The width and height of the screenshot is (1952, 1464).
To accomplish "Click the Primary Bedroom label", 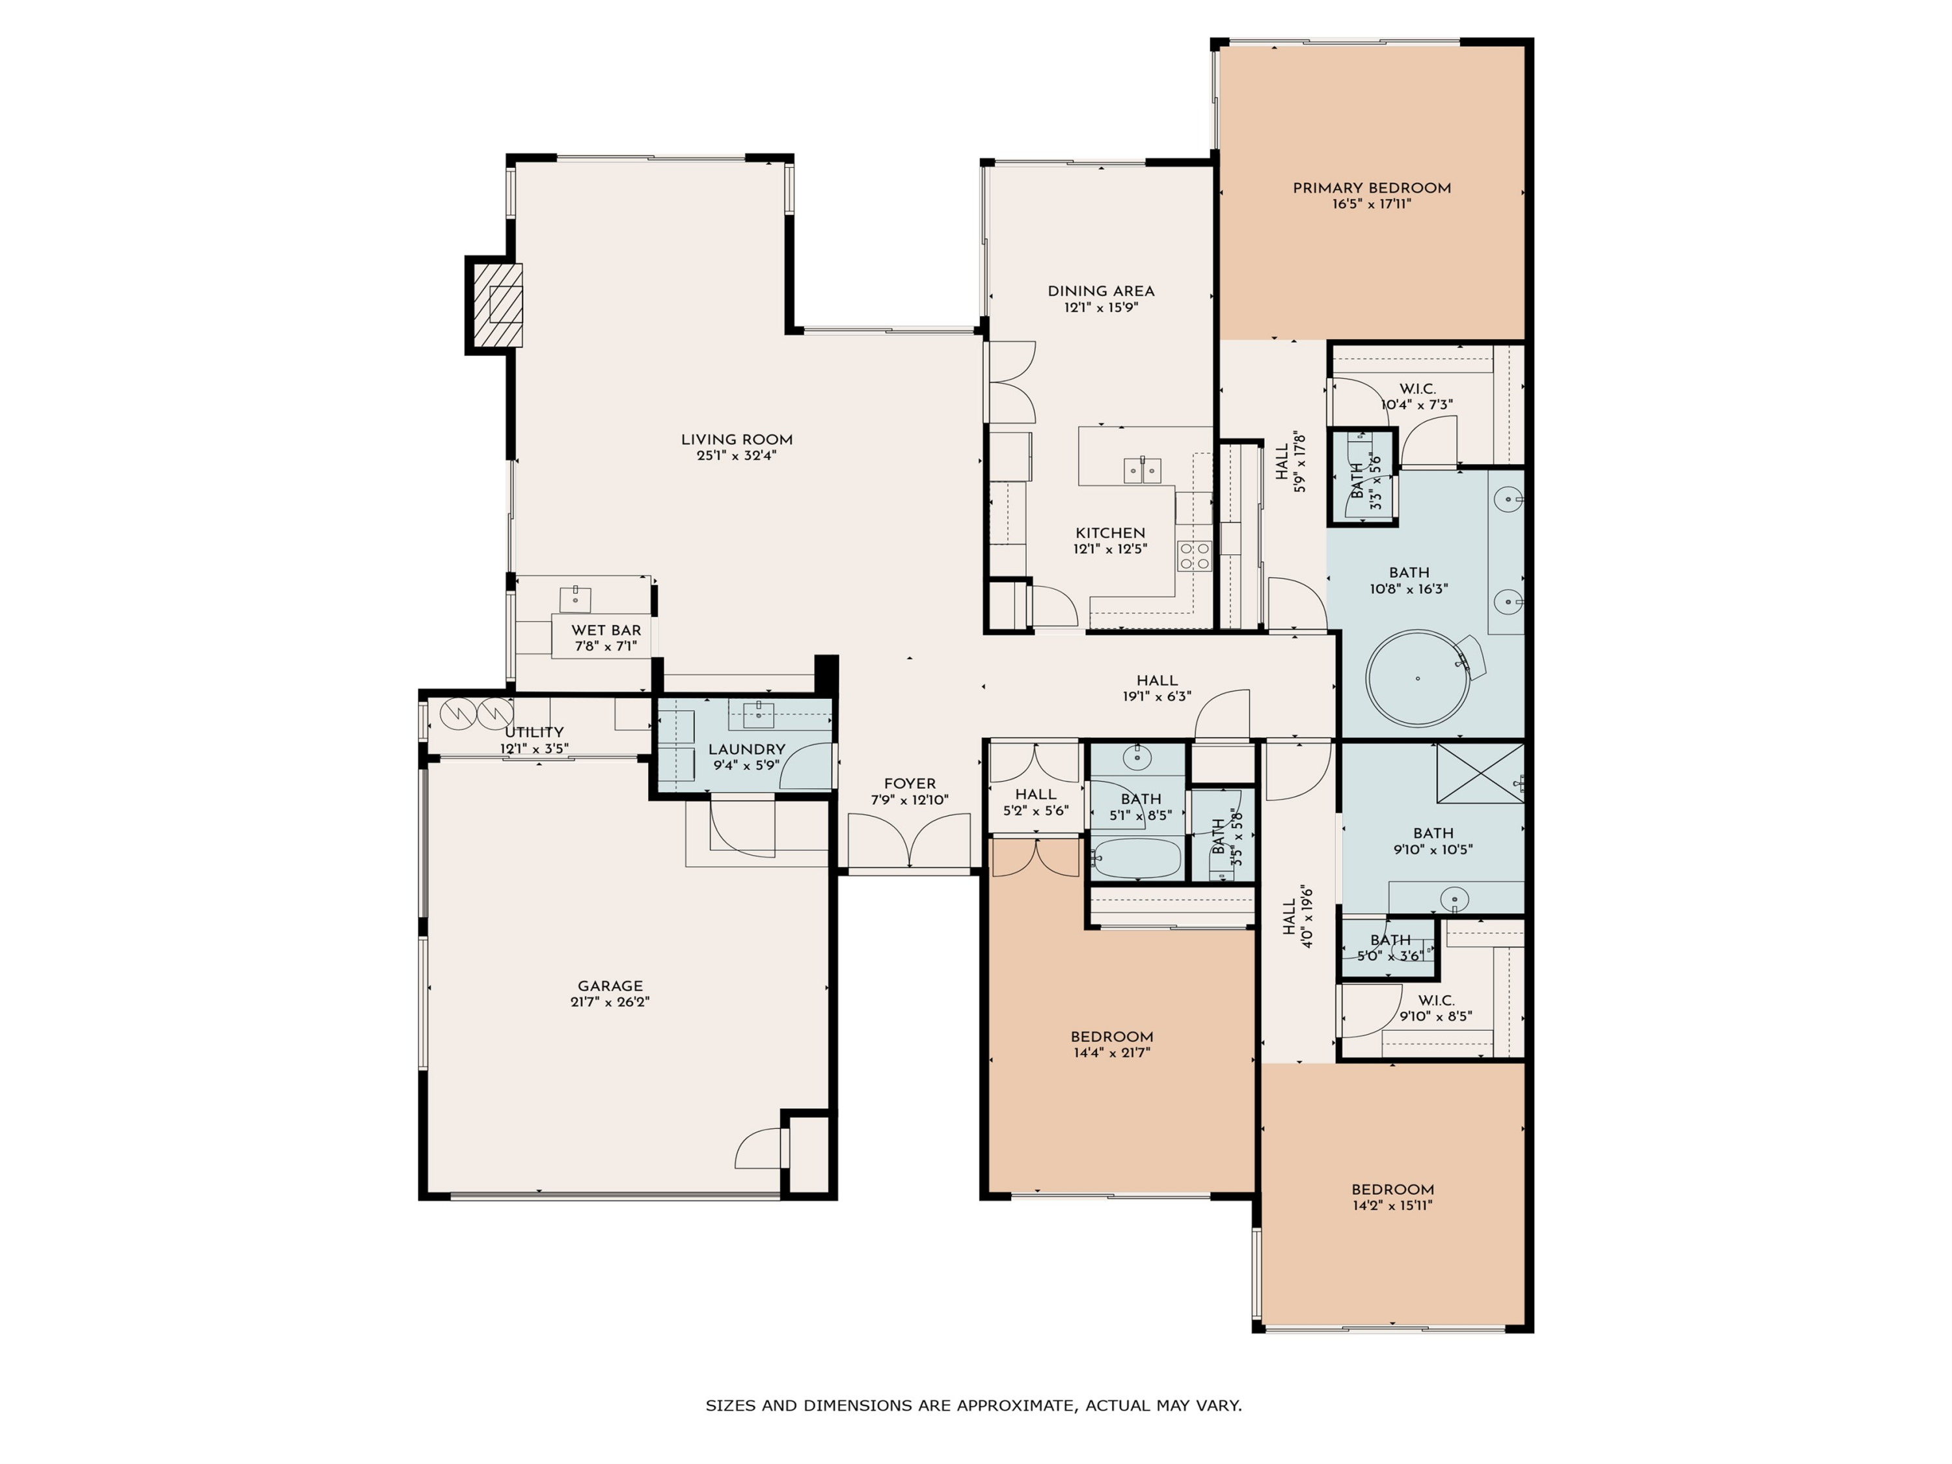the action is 1372,188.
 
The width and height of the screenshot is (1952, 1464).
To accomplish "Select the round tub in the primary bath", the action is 1418,678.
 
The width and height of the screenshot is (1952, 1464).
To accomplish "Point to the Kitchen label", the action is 1110,533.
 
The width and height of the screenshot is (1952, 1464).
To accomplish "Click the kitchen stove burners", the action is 1194,556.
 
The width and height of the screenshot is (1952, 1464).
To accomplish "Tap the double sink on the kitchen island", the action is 1142,470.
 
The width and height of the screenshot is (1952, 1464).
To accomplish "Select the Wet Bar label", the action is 606,630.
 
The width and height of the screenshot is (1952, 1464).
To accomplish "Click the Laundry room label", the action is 746,749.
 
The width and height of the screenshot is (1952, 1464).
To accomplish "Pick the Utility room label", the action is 534,733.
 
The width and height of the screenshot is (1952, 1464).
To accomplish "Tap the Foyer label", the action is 910,783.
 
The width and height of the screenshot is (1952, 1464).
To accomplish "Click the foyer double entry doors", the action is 910,841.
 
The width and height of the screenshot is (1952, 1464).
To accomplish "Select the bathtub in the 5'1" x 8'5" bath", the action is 1137,859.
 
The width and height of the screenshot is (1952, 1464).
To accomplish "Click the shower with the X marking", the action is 1480,773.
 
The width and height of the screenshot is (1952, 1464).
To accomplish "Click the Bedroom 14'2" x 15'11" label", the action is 1392,1189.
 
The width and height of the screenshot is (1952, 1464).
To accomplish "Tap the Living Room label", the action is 737,439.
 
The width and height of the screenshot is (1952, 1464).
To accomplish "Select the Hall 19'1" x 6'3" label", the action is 1157,681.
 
